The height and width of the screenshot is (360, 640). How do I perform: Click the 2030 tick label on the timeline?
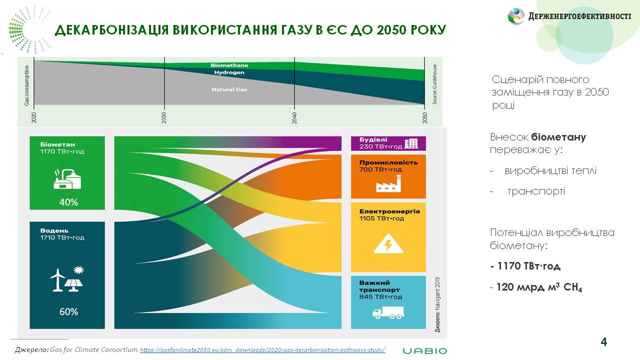click(164, 117)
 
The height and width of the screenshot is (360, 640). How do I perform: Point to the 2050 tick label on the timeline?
click(425, 117)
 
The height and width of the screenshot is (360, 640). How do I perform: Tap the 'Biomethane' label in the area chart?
click(229, 65)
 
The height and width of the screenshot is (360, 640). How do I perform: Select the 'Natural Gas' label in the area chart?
click(229, 89)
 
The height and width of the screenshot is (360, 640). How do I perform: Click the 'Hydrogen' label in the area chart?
click(229, 72)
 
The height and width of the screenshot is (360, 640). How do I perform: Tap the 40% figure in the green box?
click(68, 202)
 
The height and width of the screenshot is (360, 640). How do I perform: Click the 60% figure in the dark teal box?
click(68, 311)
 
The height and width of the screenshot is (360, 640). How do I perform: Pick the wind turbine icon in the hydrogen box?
click(57, 280)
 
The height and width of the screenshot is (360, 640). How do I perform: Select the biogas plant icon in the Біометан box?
click(67, 179)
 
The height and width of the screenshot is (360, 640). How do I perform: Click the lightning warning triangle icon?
click(388, 243)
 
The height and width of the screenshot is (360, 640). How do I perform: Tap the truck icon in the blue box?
click(388, 312)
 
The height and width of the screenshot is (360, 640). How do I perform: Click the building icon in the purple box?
click(411, 143)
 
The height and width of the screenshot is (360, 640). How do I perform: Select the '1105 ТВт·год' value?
click(381, 218)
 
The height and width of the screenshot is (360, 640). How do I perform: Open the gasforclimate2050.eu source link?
click(262, 349)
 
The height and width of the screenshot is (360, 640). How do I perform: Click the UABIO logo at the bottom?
click(425, 351)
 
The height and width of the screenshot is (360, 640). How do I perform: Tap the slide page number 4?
click(603, 341)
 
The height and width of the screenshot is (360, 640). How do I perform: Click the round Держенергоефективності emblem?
click(516, 16)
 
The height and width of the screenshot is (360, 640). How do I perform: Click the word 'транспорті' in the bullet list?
click(536, 191)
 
